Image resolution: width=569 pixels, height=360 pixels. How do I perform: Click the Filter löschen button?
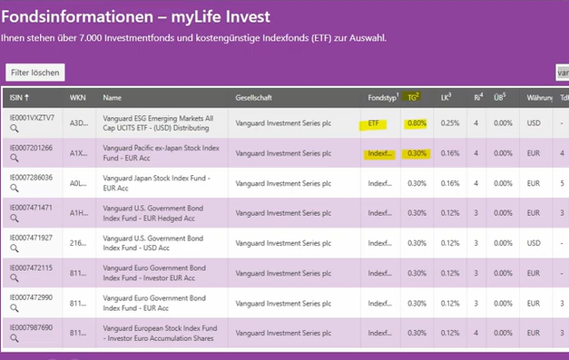click(34, 72)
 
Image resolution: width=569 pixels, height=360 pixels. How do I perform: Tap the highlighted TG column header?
click(415, 97)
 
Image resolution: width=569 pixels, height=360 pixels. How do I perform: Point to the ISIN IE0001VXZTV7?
click(32, 118)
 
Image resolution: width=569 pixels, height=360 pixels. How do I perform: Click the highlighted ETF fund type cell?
click(375, 123)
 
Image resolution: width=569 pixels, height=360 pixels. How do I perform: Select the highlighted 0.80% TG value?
click(417, 123)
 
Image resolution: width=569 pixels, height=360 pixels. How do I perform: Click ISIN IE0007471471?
click(32, 207)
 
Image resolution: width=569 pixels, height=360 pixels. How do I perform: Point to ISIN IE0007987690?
click(32, 326)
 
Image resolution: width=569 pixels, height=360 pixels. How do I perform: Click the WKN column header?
click(78, 97)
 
